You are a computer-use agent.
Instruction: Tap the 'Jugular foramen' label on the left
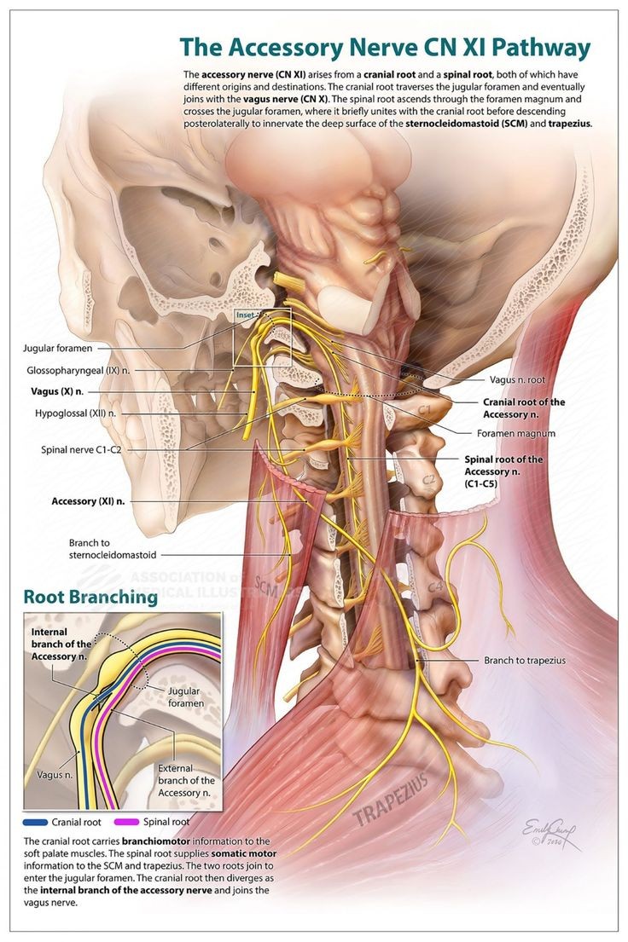58,348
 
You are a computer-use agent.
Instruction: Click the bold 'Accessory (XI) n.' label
88,501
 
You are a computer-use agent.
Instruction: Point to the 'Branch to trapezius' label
524,660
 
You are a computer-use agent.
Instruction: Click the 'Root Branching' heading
90,597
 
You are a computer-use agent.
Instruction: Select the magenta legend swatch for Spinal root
144,822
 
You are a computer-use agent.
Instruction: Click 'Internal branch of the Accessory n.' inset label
61,644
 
